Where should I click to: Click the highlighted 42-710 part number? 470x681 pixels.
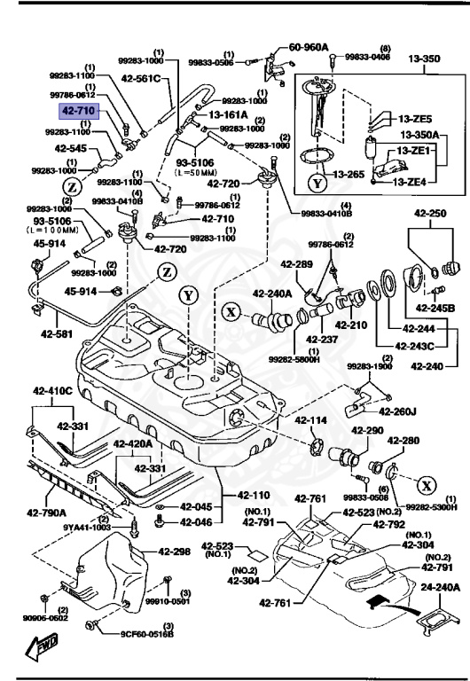[x=78, y=112]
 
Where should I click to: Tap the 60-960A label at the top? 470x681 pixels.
[x=309, y=46]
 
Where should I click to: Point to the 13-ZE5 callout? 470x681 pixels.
[x=414, y=119]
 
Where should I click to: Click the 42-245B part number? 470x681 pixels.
[x=435, y=308]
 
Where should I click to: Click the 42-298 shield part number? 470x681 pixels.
[x=175, y=552]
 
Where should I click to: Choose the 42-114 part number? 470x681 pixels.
[x=312, y=420]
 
